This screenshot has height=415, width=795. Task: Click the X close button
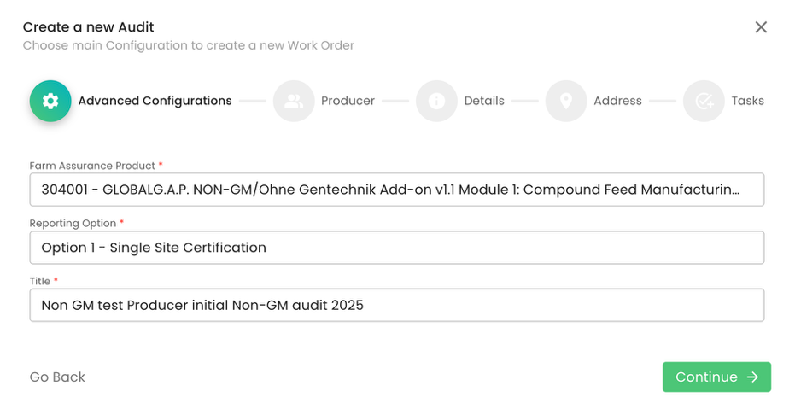(x=761, y=27)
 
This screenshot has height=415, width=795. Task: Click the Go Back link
(x=57, y=377)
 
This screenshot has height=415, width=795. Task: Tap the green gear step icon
(x=50, y=101)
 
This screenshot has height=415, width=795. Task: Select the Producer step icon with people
(x=294, y=101)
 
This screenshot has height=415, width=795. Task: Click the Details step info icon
(x=436, y=101)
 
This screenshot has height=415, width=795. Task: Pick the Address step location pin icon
(x=566, y=101)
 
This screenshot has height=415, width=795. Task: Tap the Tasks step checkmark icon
(x=704, y=101)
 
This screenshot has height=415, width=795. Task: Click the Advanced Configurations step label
(x=155, y=101)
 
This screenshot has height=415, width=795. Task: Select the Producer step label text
(x=348, y=101)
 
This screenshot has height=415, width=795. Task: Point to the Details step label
(x=484, y=101)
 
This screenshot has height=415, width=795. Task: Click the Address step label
(x=617, y=101)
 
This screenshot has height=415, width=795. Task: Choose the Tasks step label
(x=747, y=101)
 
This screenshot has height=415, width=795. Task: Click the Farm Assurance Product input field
(x=396, y=190)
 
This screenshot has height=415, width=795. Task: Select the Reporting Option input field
(x=396, y=248)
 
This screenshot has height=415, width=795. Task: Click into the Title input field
(x=396, y=305)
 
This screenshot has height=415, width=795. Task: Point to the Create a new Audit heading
(x=89, y=27)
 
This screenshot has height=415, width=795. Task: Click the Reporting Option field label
(x=73, y=223)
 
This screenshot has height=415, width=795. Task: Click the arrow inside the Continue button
(x=752, y=377)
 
